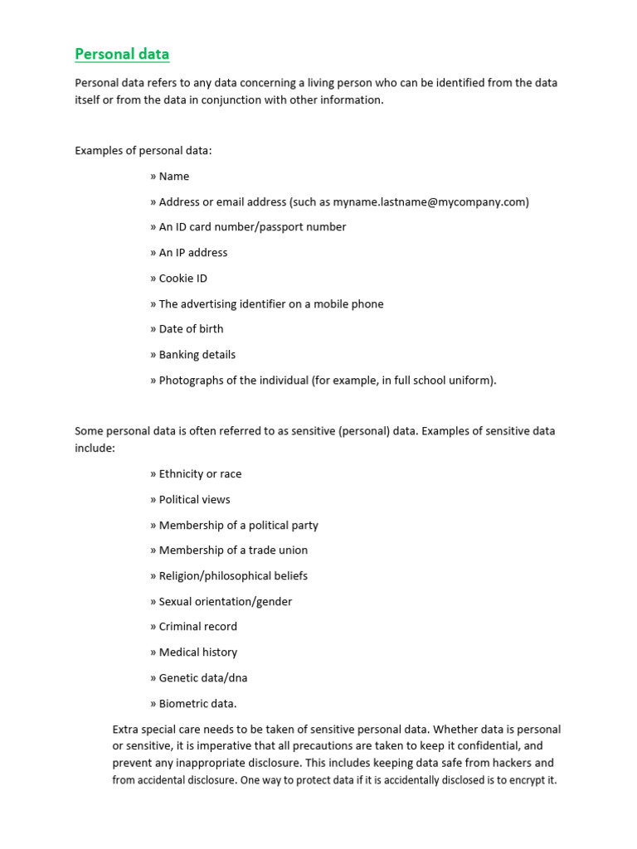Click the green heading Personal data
[x=122, y=55]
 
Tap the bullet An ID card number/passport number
[x=252, y=227]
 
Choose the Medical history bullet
[x=197, y=653]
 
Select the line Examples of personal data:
[x=143, y=150]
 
